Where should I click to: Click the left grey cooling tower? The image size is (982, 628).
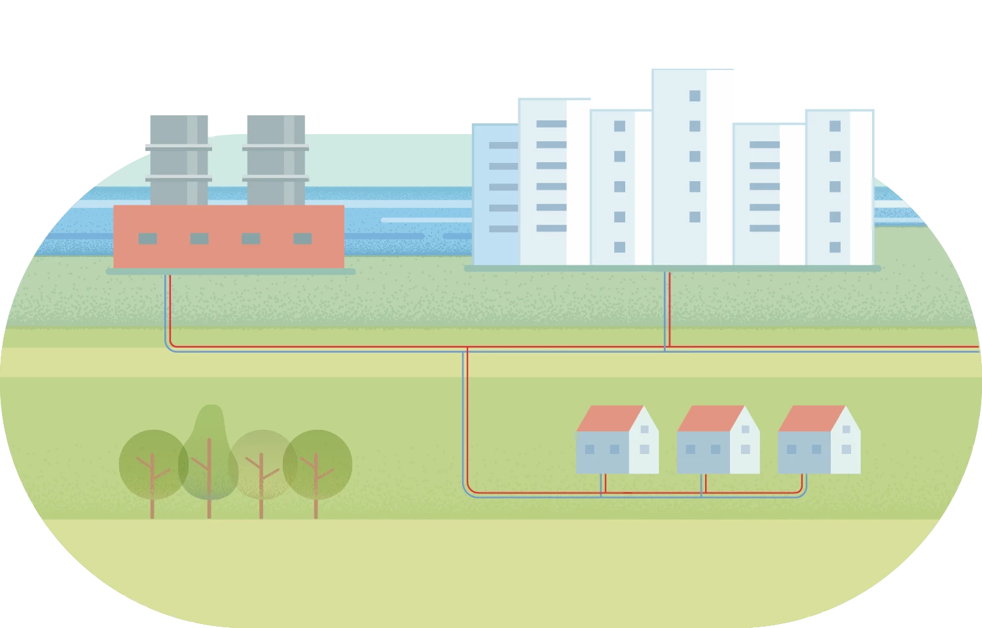[177, 160]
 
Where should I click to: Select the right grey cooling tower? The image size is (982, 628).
[277, 160]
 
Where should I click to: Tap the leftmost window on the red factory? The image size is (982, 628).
[147, 239]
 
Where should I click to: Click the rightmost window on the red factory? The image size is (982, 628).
[302, 239]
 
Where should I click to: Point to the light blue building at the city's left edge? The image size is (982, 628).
[495, 196]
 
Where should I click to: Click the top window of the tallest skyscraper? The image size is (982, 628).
[695, 96]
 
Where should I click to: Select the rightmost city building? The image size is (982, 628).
[838, 186]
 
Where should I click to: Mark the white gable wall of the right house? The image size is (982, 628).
[846, 445]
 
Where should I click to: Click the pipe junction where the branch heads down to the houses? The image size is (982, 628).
[465, 349]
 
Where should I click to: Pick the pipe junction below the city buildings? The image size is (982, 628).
[666, 349]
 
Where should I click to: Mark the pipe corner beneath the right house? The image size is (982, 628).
[803, 492]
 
